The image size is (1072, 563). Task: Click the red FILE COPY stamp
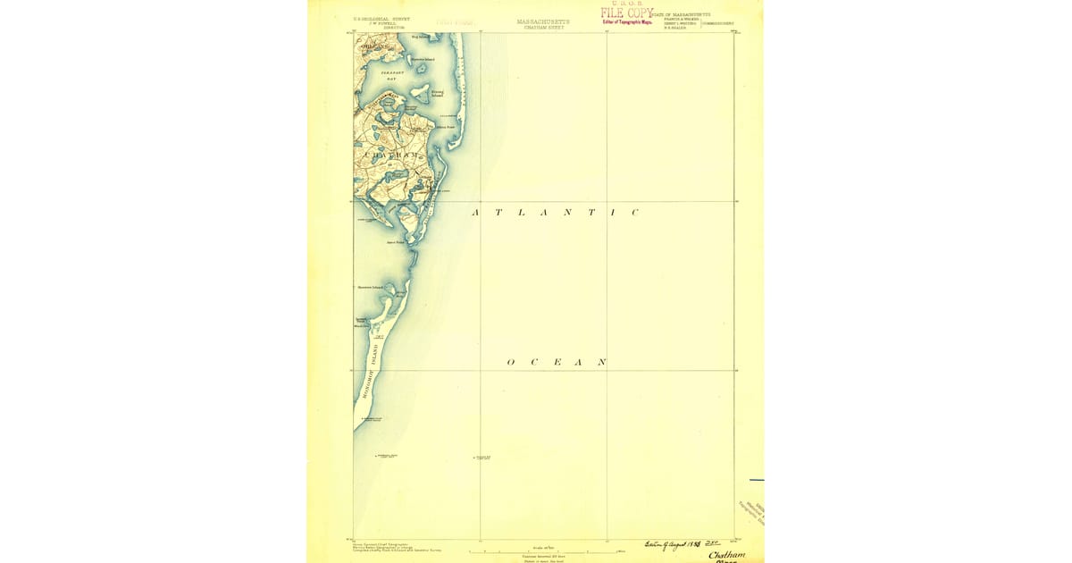tap(626, 13)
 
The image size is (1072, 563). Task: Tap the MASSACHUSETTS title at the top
tap(543, 21)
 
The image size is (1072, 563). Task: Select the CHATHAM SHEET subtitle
tap(544, 28)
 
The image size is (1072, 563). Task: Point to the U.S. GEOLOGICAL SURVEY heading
tap(381, 18)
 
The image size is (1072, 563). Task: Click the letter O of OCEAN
tap(511, 362)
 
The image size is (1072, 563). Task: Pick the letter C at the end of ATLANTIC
tap(635, 213)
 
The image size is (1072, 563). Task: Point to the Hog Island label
tap(421, 37)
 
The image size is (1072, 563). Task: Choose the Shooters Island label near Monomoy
tap(370, 287)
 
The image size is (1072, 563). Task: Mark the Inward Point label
tap(396, 241)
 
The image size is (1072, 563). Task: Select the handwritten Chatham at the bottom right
tap(727, 555)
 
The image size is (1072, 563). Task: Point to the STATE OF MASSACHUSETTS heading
tap(681, 14)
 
